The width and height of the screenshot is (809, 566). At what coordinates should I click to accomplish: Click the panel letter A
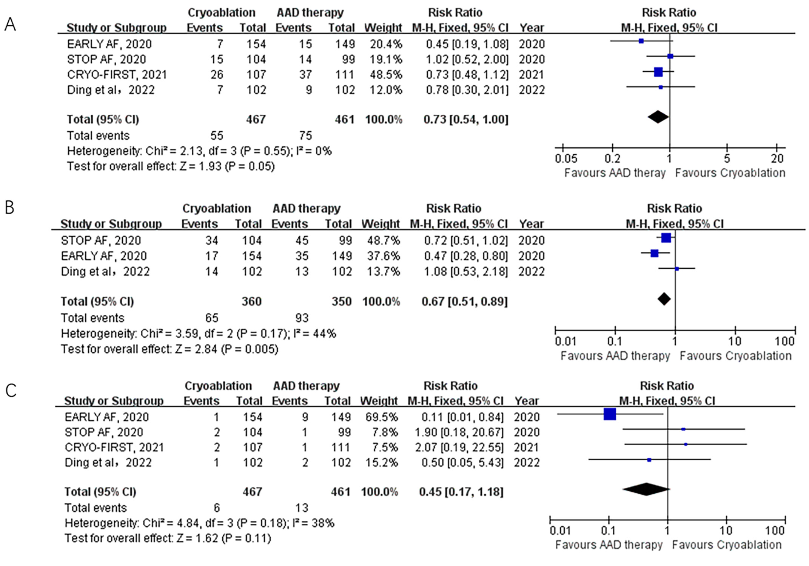[10, 25]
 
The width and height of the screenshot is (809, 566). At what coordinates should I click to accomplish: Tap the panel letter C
[11, 391]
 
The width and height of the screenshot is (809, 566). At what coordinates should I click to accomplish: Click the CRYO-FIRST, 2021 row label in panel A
[117, 75]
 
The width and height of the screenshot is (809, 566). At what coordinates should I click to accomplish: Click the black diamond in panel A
[658, 117]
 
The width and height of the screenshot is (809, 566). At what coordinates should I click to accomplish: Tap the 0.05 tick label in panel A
[566, 158]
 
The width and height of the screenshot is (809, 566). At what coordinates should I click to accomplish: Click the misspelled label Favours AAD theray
[614, 173]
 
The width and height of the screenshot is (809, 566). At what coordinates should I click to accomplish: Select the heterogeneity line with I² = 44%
[198, 334]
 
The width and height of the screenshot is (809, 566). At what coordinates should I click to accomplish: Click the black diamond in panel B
[664, 299]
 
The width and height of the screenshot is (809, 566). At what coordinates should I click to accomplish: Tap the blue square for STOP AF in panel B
[666, 238]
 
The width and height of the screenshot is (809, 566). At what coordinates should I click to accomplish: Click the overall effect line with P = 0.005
[170, 349]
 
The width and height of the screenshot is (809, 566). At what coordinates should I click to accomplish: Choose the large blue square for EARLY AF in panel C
[610, 414]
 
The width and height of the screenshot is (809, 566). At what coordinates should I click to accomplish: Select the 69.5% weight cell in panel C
[381, 417]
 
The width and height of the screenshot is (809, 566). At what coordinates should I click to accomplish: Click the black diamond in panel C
[646, 489]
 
